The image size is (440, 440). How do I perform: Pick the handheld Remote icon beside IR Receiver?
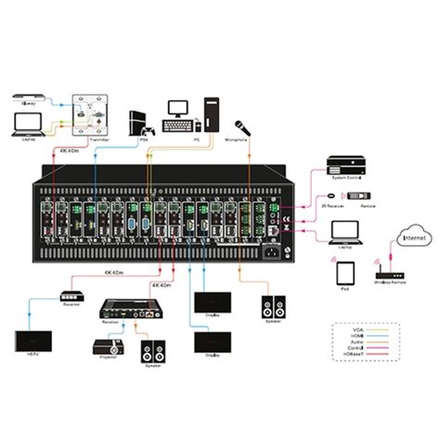click(358, 195)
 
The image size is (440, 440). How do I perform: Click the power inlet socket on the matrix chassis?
click(274, 249)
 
